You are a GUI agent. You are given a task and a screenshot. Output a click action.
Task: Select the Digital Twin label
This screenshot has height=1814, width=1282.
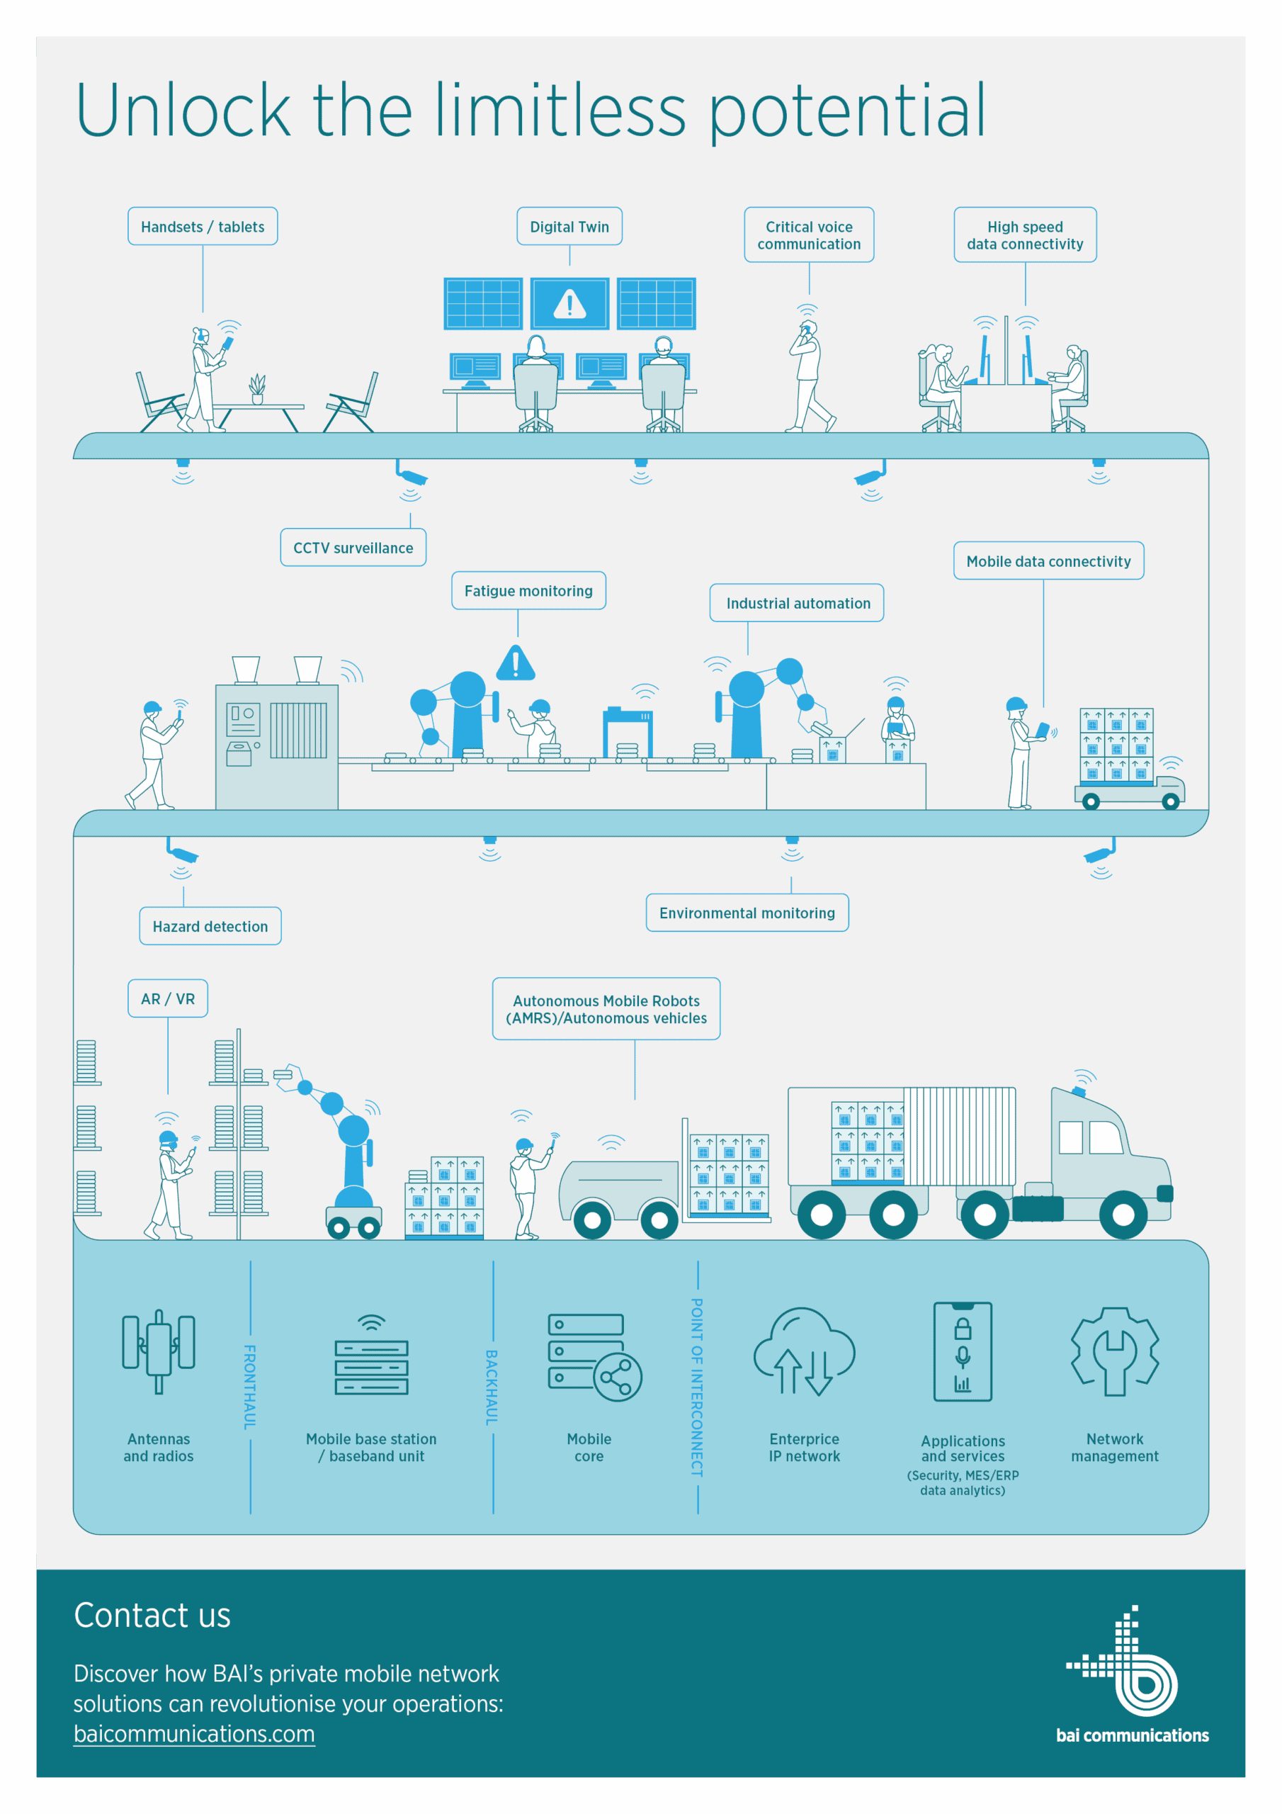[569, 227]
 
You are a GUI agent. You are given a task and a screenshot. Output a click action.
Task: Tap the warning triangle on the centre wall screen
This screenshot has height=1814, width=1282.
[569, 303]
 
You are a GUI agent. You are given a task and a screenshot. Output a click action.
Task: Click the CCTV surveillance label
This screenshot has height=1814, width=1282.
[353, 548]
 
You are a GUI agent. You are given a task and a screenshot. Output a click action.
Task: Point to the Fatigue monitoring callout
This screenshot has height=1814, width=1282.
[528, 591]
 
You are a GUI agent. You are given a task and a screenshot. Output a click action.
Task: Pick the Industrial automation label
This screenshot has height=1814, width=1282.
[797, 603]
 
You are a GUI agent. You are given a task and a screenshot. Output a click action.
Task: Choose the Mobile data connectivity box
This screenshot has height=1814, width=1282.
[1048, 561]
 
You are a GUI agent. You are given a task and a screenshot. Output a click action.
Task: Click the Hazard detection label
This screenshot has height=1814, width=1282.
[210, 926]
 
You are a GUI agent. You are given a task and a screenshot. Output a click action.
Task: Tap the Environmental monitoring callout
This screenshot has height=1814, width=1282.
[747, 913]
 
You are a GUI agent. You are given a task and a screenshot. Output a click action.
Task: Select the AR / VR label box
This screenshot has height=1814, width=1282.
[167, 998]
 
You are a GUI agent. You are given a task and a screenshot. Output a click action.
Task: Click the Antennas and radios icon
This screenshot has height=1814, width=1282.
[159, 1352]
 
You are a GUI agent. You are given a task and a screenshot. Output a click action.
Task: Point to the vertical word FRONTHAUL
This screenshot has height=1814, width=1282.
[249, 1387]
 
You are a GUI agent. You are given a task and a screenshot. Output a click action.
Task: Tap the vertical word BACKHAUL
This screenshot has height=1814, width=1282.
[492, 1387]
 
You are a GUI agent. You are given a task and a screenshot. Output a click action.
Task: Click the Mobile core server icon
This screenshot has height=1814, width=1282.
[595, 1358]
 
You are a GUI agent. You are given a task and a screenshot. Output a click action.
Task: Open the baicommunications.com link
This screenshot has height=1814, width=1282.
[194, 1734]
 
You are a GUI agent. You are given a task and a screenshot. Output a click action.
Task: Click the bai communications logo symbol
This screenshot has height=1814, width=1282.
[1123, 1661]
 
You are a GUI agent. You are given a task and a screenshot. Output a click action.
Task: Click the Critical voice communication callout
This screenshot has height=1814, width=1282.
[809, 235]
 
